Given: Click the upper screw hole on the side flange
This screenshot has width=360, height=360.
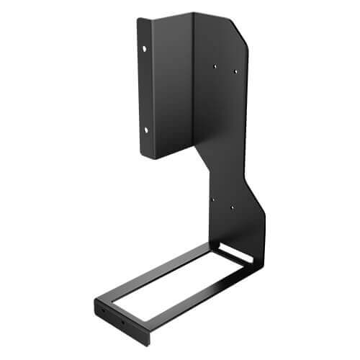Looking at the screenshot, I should pos(145,49).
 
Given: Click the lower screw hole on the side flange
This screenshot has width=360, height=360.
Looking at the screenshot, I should pos(145,130).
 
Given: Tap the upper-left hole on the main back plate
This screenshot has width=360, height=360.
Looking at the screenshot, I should pos(215,66).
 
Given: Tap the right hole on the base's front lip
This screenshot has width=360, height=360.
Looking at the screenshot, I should pos(123,322).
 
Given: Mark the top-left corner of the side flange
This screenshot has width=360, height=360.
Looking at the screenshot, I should pos(139,19).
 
